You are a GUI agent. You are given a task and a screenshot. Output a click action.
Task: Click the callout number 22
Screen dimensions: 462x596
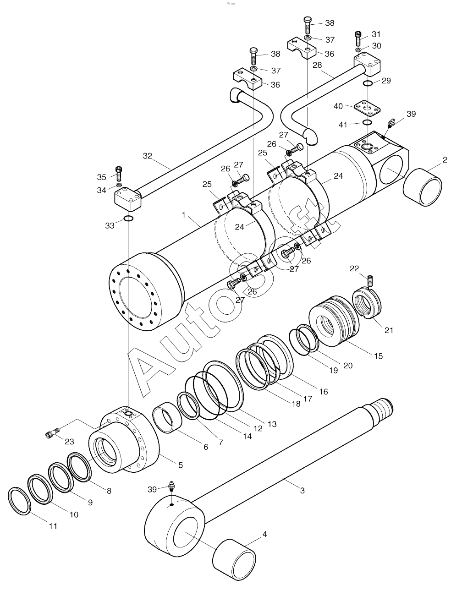(x=354, y=268)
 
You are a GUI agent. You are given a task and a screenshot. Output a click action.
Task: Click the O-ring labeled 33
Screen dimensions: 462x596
(x=128, y=219)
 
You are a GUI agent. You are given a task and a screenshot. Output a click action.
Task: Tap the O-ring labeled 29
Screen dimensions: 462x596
(x=367, y=83)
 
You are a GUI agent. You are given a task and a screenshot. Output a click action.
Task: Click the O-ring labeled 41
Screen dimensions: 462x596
(x=367, y=122)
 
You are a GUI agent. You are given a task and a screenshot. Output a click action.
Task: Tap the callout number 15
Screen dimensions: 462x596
(x=378, y=356)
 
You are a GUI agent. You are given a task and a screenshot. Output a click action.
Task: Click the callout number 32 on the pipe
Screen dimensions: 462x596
(x=148, y=156)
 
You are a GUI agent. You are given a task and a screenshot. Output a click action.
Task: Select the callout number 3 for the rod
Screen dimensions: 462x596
(x=302, y=490)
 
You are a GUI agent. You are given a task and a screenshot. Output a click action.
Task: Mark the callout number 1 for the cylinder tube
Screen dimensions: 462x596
(x=184, y=215)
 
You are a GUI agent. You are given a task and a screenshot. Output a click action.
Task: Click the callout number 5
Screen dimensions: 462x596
(x=180, y=465)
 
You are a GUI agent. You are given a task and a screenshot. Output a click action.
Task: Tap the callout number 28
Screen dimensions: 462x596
(x=317, y=65)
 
